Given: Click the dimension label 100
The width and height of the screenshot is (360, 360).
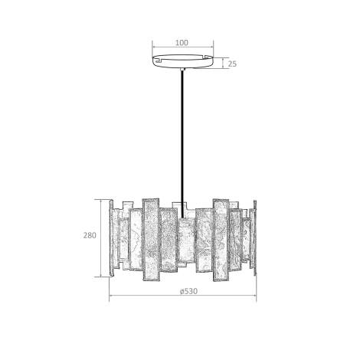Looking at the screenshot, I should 182,43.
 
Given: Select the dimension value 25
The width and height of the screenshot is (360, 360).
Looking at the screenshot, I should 231,64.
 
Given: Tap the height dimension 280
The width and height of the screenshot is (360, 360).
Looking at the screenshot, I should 90,236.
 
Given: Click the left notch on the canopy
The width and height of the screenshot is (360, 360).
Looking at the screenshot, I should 157,57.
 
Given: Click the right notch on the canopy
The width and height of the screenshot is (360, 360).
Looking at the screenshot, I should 207,57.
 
